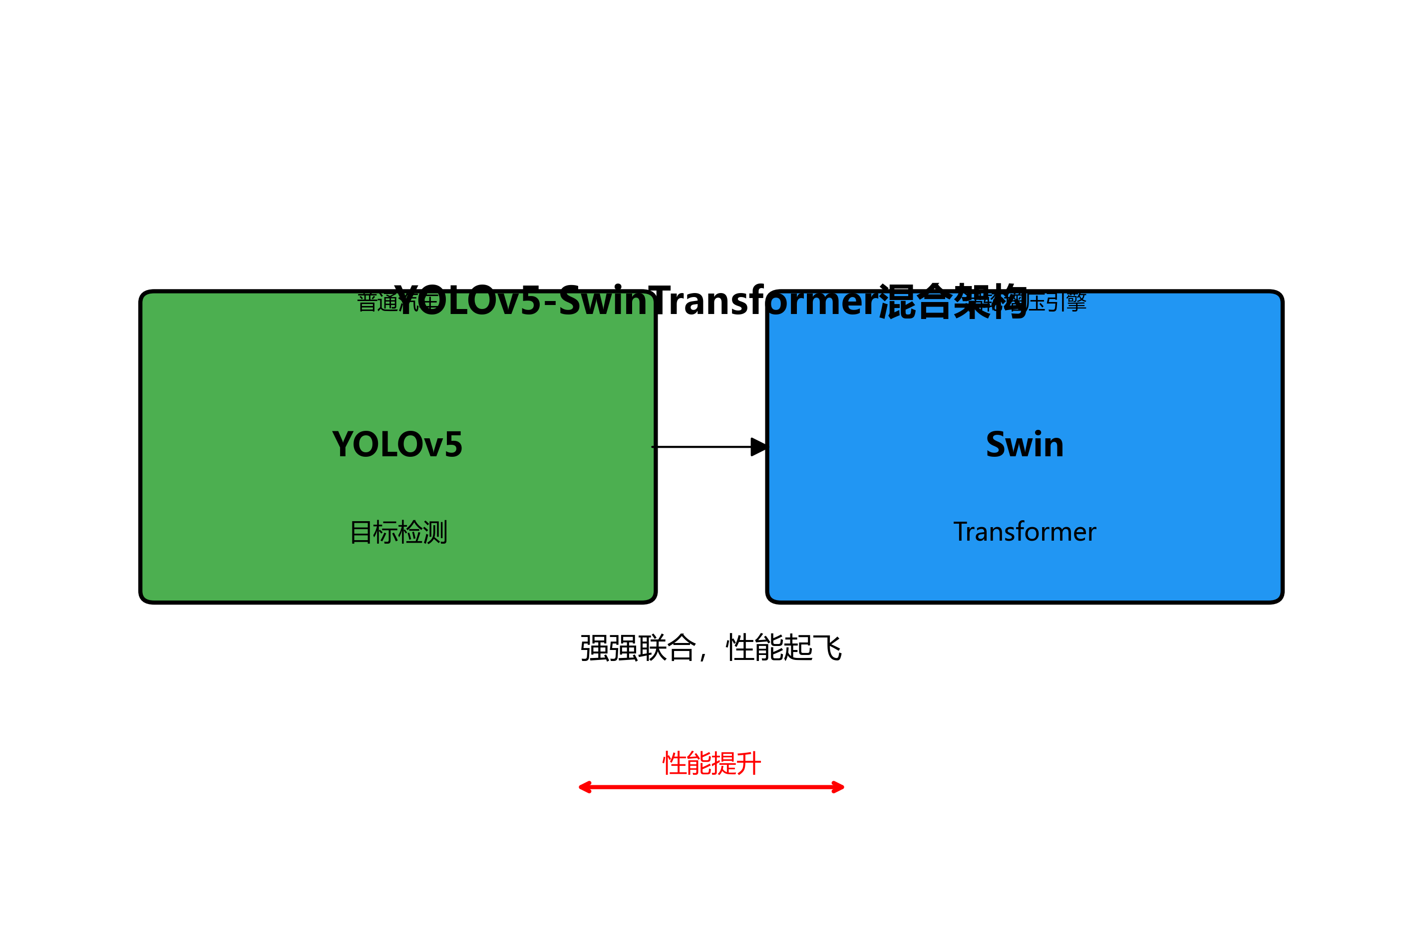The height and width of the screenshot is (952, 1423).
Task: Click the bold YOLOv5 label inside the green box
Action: [x=397, y=444]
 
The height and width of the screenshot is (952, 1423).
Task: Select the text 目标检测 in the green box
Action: [x=398, y=533]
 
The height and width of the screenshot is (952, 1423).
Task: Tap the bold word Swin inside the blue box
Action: [x=1024, y=444]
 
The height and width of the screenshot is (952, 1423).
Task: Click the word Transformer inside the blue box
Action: [x=1024, y=532]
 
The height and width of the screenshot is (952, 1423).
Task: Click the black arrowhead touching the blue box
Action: [x=759, y=447]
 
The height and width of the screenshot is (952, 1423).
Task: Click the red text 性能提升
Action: [x=711, y=763]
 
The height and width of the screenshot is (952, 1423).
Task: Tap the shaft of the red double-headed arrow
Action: [x=711, y=787]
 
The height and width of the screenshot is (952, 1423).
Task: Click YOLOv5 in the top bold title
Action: [x=467, y=301]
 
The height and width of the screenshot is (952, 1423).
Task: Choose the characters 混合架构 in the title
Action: [x=953, y=301]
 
